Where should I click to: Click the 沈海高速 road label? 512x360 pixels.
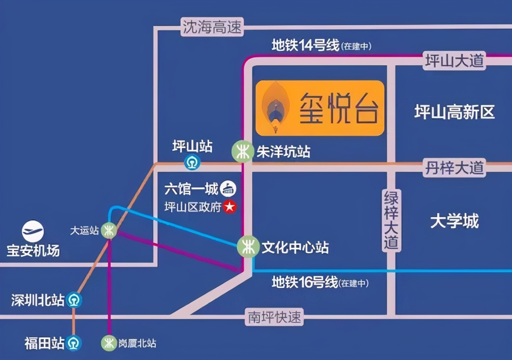(x=212, y=28)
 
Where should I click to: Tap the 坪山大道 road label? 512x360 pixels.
(x=454, y=61)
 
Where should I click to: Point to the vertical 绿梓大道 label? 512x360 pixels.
(x=391, y=220)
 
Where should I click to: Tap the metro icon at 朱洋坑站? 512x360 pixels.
(x=242, y=151)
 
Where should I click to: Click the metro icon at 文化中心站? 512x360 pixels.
(x=248, y=247)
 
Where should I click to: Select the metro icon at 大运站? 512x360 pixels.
(x=109, y=230)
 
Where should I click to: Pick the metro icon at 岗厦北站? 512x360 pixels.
(x=109, y=343)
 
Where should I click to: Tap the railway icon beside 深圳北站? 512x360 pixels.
(x=74, y=300)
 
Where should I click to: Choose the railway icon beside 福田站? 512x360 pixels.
(x=74, y=343)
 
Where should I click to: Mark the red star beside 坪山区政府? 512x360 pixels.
(x=230, y=207)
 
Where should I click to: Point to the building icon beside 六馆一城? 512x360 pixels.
(x=228, y=189)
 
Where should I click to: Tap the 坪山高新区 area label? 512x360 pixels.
(x=454, y=113)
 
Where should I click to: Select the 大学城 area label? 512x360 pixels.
(x=454, y=221)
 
